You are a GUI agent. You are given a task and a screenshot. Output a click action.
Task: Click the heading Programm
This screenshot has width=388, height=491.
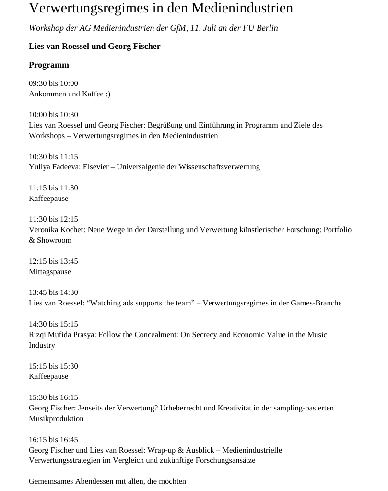[49, 65]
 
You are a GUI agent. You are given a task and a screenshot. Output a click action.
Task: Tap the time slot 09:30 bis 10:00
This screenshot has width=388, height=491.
[53, 83]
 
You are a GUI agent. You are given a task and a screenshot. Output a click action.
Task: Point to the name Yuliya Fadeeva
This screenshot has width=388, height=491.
[54, 167]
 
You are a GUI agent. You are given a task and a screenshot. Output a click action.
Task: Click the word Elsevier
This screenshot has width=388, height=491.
[98, 167]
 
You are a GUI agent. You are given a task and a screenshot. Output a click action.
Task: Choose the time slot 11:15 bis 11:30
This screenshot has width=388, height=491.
[53, 188]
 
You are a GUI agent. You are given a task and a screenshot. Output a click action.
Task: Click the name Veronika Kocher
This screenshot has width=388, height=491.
[57, 230]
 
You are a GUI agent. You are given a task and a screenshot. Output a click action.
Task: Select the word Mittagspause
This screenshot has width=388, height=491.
[50, 272]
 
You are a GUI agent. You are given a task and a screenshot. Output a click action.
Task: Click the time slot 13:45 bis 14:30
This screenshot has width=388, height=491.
[53, 292]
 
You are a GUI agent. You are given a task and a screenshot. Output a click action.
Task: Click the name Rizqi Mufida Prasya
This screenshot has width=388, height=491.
[62, 335]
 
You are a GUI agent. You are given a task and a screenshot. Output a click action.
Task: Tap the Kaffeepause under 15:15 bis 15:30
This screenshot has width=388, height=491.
[48, 376]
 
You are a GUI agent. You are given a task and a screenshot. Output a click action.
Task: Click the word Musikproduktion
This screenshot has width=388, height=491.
[56, 419]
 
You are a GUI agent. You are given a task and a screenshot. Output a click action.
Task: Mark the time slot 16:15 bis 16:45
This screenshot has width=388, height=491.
[53, 440]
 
